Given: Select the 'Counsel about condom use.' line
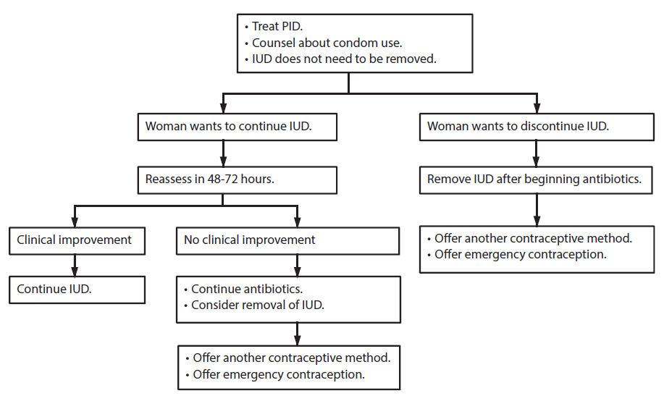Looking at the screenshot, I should [327, 43].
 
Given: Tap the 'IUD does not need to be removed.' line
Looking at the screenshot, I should [344, 59].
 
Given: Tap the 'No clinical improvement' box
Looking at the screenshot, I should [287, 240].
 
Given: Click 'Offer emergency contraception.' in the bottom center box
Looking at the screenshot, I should [279, 374].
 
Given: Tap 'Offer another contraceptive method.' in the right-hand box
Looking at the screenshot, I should [533, 239].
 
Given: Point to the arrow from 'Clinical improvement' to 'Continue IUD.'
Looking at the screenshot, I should [74, 265].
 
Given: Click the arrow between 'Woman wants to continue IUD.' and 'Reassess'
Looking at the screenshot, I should [223, 153].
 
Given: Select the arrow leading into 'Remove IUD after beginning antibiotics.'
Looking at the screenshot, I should [536, 153].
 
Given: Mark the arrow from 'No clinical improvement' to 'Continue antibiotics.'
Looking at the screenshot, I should [296, 265].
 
